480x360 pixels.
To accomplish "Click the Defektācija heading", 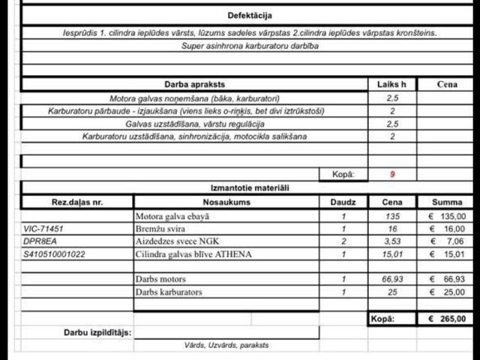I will (x=250, y=15).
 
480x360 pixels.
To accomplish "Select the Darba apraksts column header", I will (x=194, y=85).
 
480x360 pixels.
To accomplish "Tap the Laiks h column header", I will (x=391, y=85).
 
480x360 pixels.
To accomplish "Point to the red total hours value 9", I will (x=391, y=174).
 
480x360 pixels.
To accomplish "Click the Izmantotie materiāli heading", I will (x=250, y=187).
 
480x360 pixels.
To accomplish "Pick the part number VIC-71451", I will (x=43, y=229).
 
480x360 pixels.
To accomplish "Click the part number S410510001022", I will (x=55, y=254).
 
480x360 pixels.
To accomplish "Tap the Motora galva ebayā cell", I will (x=172, y=216).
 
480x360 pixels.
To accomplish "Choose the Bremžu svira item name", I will (x=161, y=229).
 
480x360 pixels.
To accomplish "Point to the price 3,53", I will (x=391, y=241).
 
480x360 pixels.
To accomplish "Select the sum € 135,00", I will (x=447, y=216).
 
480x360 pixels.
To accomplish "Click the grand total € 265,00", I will (x=447, y=319).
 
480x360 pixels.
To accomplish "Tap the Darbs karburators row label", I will (x=169, y=292).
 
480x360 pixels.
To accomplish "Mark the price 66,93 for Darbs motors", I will (x=391, y=279).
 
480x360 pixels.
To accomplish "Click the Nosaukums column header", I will (x=226, y=202).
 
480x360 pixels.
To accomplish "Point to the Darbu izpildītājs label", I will (x=97, y=331).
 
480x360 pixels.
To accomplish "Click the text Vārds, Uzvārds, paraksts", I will (x=226, y=345).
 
